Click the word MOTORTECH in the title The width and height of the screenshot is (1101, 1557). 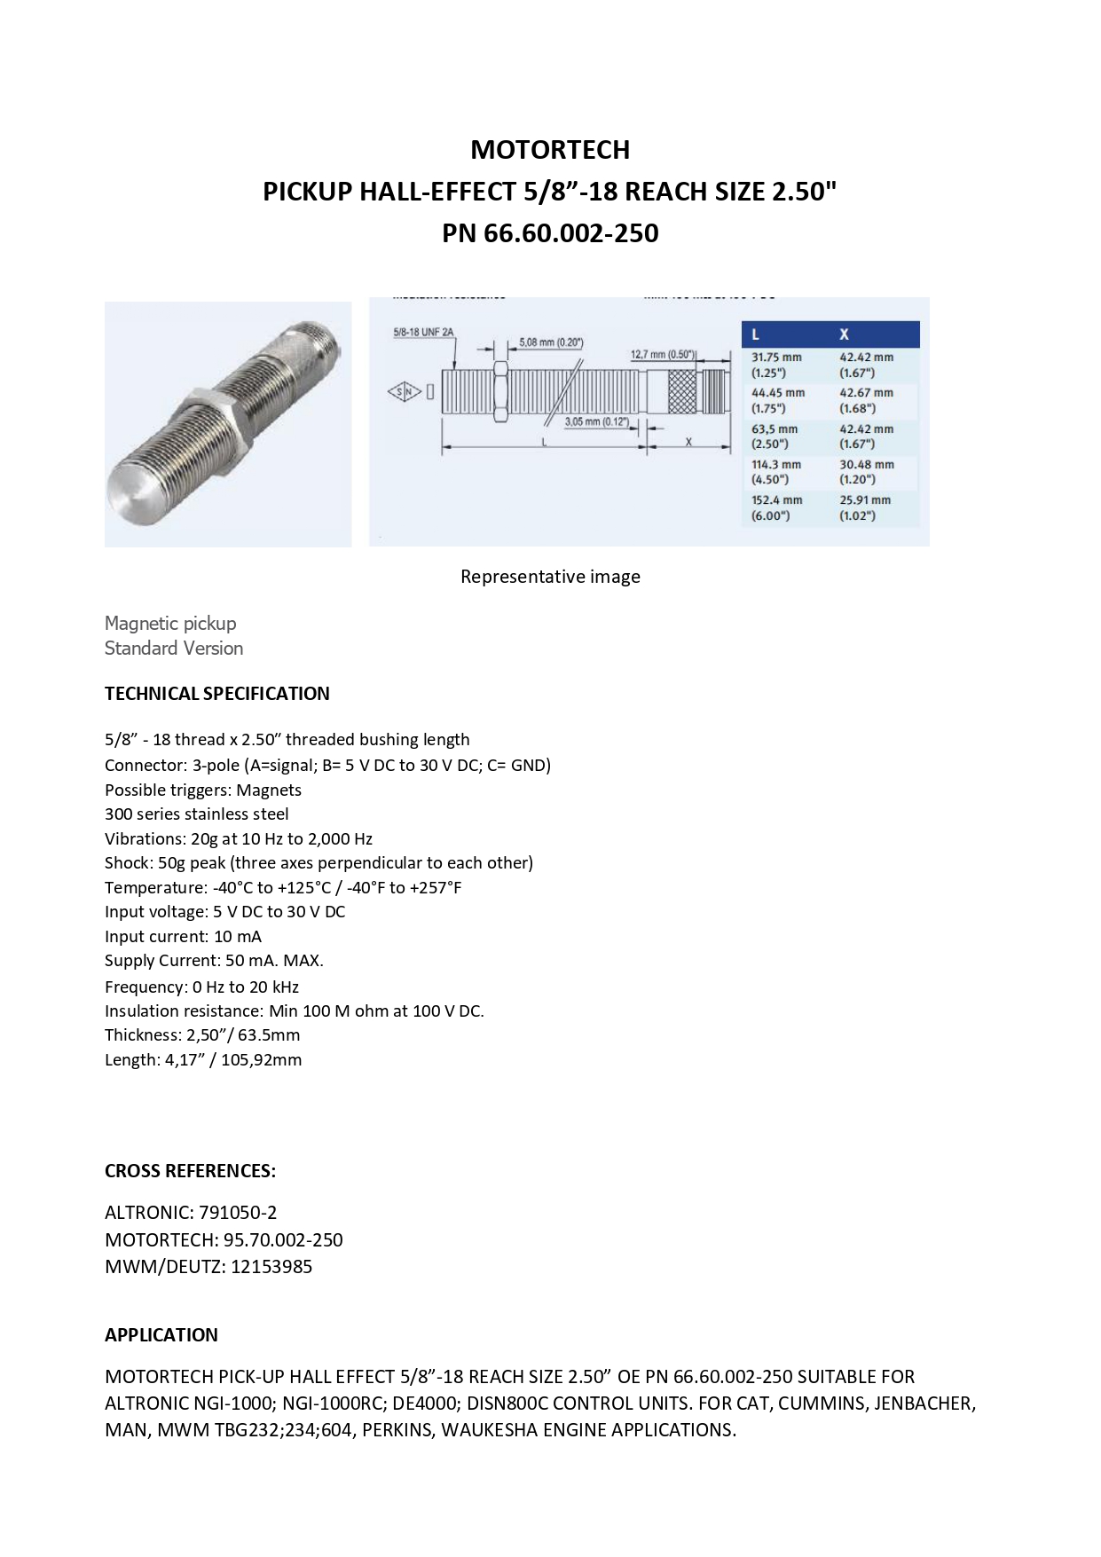[550, 150]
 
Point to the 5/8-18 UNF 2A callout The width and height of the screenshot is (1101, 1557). [423, 333]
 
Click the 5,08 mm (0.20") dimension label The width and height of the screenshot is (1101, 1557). [551, 342]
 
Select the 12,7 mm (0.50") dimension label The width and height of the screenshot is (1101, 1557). [664, 355]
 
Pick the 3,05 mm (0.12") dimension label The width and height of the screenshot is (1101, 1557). [596, 421]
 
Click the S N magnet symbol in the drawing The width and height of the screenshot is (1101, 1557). [404, 391]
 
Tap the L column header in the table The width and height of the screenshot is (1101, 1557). [755, 334]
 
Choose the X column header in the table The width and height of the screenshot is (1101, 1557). [844, 334]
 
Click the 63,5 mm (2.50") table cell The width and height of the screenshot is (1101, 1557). [775, 436]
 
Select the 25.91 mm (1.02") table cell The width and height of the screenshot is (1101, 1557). [865, 507]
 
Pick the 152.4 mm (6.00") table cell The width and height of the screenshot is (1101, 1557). [776, 507]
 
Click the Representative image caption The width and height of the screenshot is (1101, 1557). [550, 577]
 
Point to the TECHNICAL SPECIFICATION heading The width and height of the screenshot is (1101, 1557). [217, 694]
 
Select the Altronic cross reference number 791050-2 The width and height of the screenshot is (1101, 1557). [238, 1213]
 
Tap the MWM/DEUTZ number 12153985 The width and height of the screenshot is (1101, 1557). [271, 1266]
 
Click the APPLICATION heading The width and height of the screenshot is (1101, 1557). [161, 1335]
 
